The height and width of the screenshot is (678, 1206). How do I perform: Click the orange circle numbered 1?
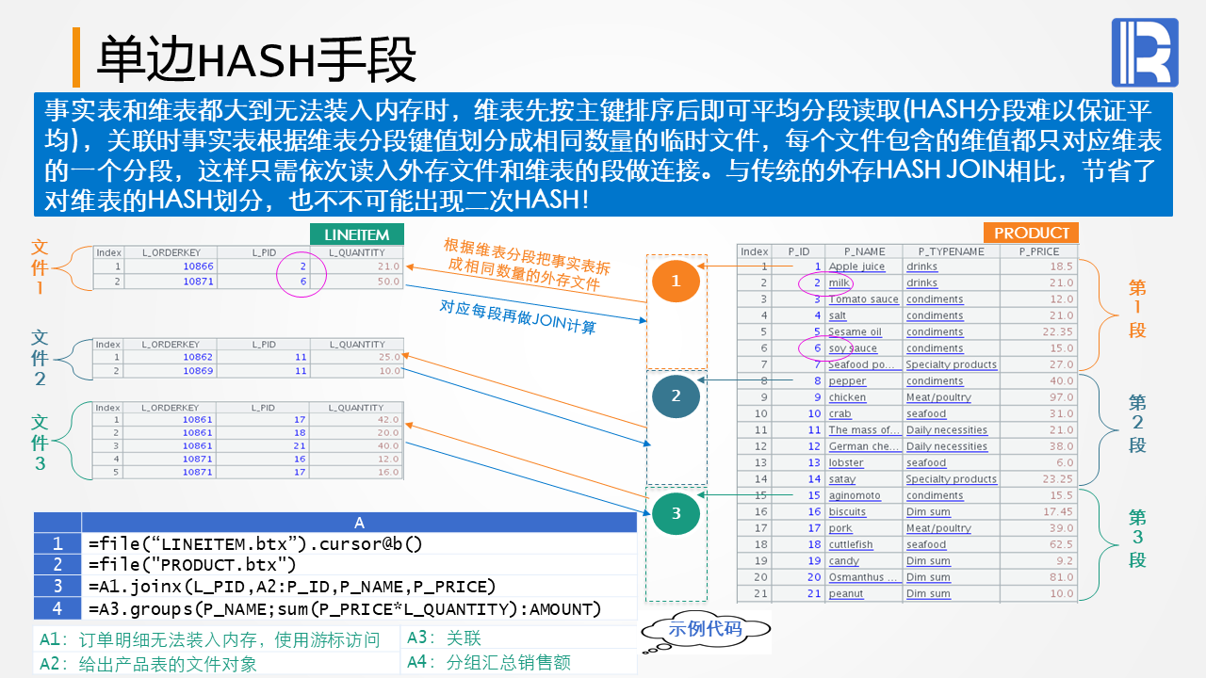pyautogui.click(x=675, y=281)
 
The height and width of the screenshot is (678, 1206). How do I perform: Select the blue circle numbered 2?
pyautogui.click(x=676, y=396)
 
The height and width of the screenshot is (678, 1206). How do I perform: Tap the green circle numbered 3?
pyautogui.click(x=676, y=513)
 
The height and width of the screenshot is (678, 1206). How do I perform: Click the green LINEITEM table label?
pyautogui.click(x=356, y=234)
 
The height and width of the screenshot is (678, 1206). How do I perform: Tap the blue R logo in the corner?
pyautogui.click(x=1144, y=53)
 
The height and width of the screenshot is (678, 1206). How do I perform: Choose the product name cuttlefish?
pyautogui.click(x=851, y=544)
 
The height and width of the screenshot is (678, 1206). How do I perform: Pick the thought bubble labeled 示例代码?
pyautogui.click(x=705, y=629)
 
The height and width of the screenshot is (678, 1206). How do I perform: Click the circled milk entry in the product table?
pyautogui.click(x=839, y=282)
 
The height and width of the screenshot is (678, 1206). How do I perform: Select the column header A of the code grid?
pyautogui.click(x=359, y=523)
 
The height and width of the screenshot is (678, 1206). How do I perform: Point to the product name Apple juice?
pyautogui.click(x=856, y=266)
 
